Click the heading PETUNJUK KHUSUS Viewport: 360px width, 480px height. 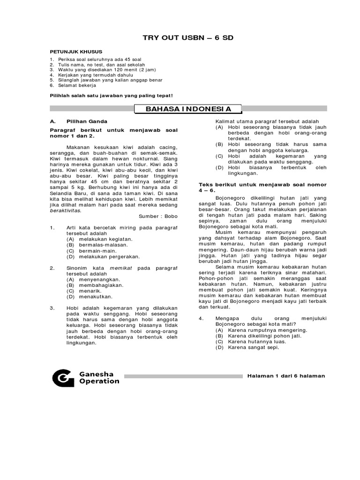click(x=76, y=51)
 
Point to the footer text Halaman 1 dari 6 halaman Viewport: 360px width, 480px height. click(x=285, y=376)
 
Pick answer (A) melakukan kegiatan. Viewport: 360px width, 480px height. click(x=99, y=239)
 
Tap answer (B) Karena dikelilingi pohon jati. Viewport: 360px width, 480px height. click(x=261, y=336)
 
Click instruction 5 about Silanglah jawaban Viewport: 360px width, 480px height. click(x=107, y=80)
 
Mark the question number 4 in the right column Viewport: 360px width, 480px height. click(x=200, y=319)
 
